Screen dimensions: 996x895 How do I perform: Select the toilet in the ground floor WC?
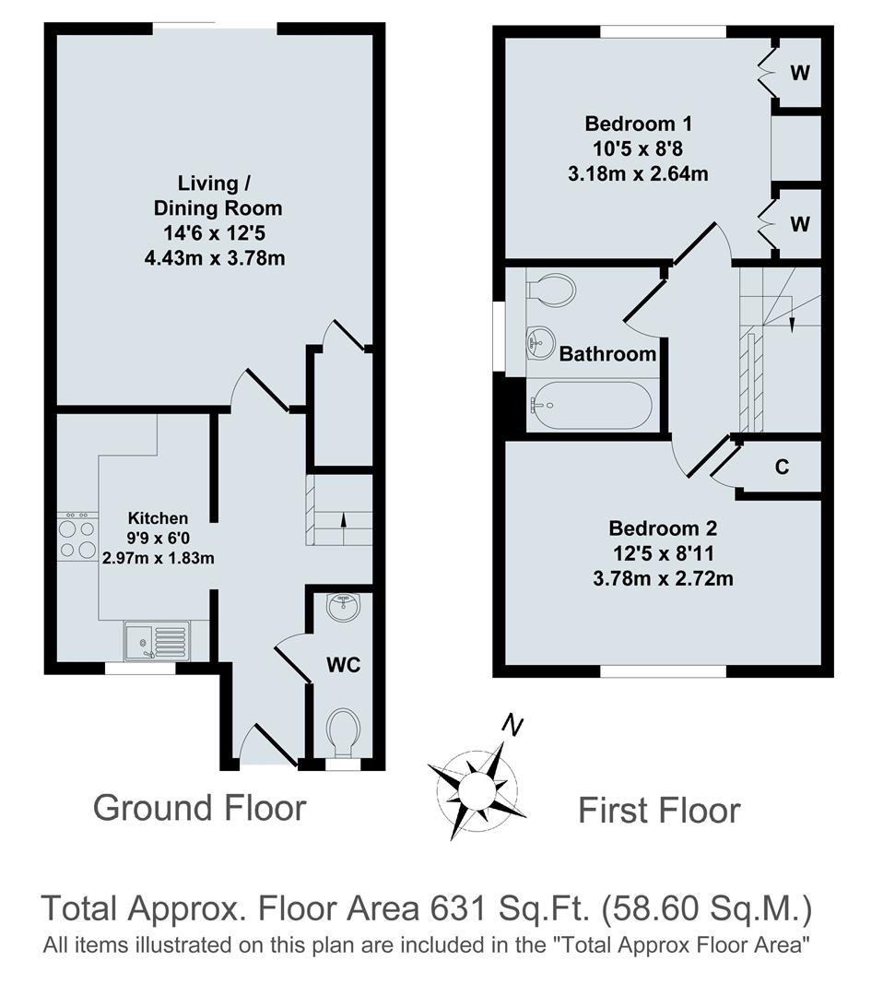[x=344, y=730]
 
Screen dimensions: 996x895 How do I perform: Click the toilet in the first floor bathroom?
[x=551, y=289]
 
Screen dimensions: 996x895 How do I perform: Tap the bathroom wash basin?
[x=538, y=342]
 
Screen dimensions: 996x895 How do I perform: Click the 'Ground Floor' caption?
[x=199, y=808]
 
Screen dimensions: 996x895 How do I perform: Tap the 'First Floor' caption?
[x=658, y=811]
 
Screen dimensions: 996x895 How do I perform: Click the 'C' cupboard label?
[x=782, y=468]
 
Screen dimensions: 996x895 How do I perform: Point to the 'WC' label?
[x=344, y=665]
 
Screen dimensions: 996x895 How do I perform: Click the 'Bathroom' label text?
[x=607, y=353]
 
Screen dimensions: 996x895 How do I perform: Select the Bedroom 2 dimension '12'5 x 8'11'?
[x=662, y=554]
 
